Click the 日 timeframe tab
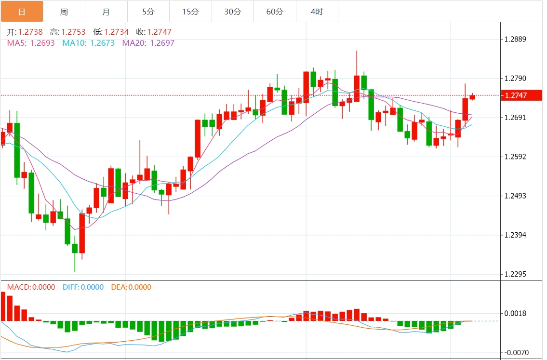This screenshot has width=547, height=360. tap(22, 12)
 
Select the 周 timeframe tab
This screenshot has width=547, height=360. tap(64, 12)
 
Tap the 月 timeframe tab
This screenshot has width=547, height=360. tap(106, 12)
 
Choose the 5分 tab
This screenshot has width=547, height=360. tap(148, 12)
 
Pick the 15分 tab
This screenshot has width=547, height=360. tap(190, 12)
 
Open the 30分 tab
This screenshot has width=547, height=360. tap(233, 12)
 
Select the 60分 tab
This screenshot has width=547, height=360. tap(275, 12)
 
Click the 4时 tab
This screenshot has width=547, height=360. tap(317, 12)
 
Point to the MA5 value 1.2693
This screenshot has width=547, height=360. tap(42, 43)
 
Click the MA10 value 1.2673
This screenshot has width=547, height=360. tap(102, 43)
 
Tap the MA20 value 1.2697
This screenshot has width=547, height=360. tap(162, 43)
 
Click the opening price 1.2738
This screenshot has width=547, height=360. tap(30, 32)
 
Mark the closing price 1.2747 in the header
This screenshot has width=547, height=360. tap(159, 32)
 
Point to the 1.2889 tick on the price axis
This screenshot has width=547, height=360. tap(515, 40)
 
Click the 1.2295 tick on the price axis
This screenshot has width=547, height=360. tap(515, 274)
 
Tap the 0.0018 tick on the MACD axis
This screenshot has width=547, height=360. tap(515, 314)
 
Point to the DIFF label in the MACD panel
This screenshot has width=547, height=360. tap(71, 287)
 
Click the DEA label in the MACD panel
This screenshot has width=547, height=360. tap(119, 287)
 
